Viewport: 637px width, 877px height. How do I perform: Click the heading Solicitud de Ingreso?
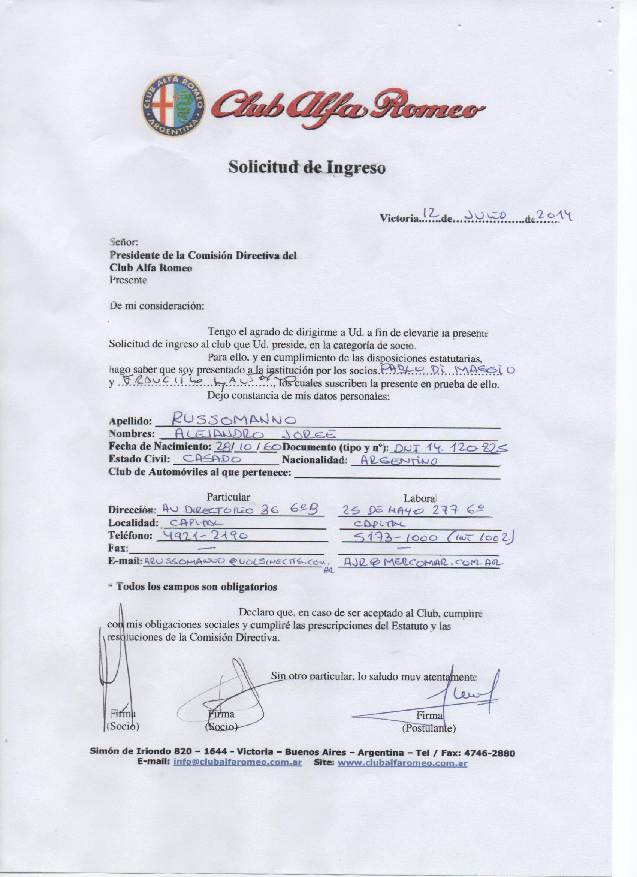click(x=307, y=168)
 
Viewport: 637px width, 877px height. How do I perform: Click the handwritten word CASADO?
click(x=212, y=460)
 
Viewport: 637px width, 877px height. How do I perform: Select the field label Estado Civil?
click(x=139, y=460)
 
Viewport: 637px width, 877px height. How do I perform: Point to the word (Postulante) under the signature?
click(x=429, y=729)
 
